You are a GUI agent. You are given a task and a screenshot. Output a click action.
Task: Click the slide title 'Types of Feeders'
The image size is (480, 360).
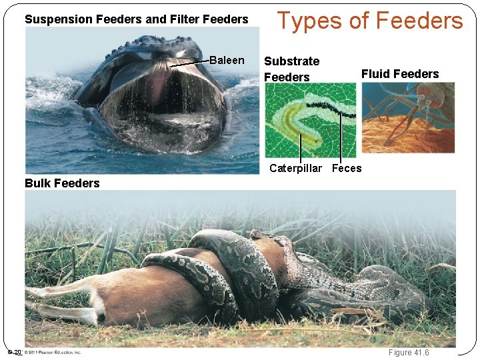[369, 21]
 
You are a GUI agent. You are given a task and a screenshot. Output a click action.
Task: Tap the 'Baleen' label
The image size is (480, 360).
[227, 61]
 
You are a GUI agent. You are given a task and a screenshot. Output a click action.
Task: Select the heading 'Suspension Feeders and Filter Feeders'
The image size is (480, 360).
[136, 19]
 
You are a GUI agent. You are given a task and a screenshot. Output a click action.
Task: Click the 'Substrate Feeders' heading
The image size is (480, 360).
[291, 69]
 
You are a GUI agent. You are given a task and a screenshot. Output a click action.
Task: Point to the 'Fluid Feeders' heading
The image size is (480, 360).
[400, 74]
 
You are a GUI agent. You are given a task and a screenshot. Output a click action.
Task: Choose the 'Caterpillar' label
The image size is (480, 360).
[295, 168]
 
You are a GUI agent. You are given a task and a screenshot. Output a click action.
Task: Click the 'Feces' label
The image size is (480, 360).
[347, 168]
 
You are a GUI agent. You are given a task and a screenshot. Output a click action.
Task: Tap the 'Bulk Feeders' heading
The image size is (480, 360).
[62, 183]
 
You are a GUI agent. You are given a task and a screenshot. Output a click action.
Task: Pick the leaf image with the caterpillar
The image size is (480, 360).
[310, 120]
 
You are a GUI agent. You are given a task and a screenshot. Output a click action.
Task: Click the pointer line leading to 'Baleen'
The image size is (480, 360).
[190, 63]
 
